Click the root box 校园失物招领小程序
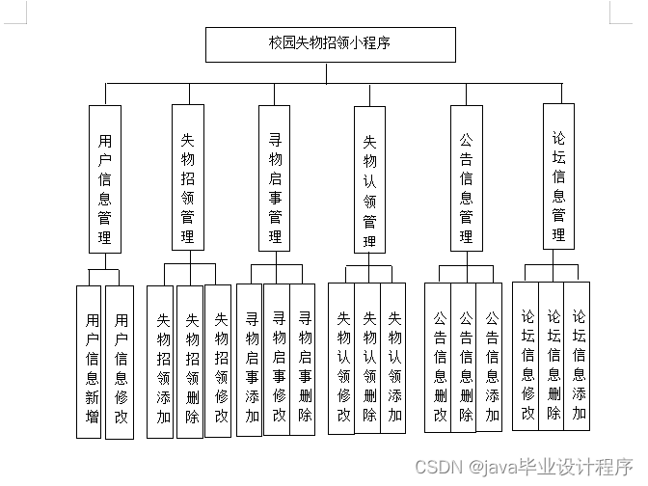click(330, 44)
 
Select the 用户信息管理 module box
click(105, 179)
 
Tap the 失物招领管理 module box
click(189, 178)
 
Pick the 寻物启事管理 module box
click(275, 178)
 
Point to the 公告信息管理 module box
click(466, 178)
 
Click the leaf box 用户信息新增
click(90, 362)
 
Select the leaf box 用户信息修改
click(120, 362)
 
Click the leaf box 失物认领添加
click(394, 358)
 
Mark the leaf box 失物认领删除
click(368, 358)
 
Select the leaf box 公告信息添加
click(491, 358)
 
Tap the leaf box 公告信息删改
click(439, 358)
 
